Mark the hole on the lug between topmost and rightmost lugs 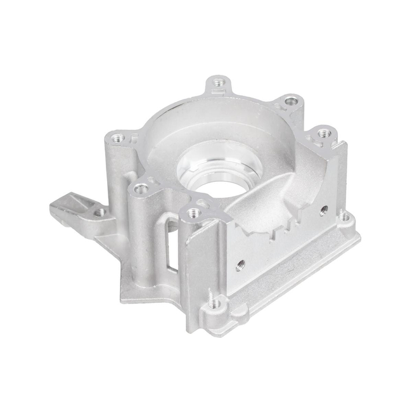pos(290,100)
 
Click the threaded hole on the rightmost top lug pos(324,133)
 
